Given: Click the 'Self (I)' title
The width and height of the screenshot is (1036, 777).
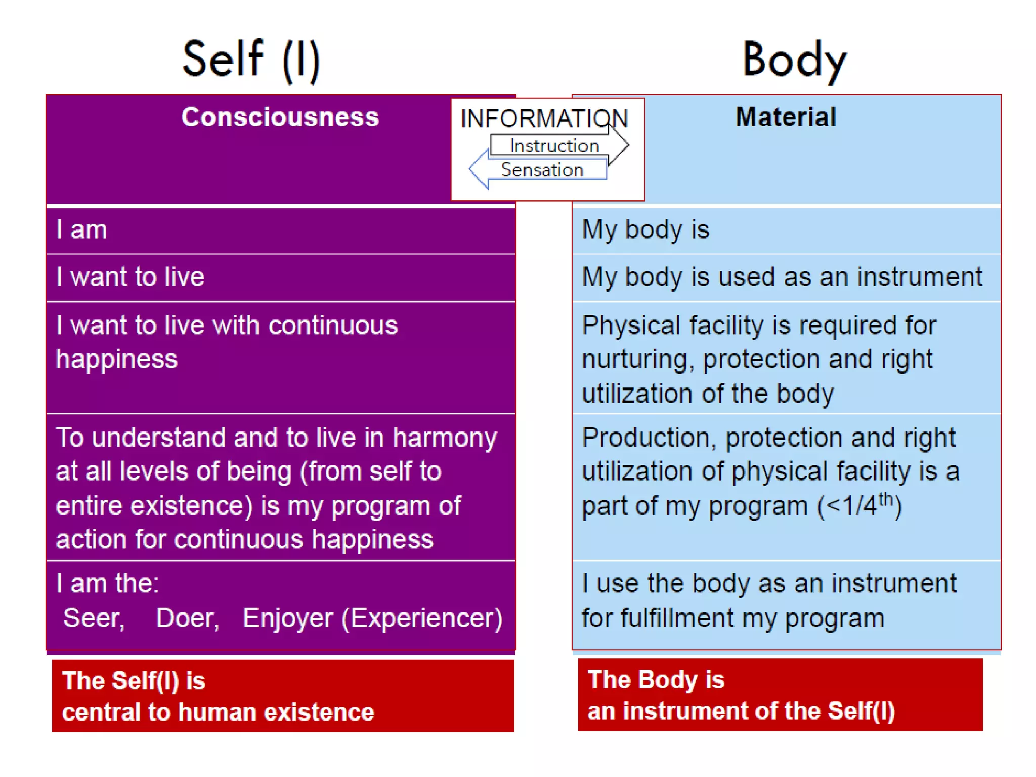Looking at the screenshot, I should point(251,60).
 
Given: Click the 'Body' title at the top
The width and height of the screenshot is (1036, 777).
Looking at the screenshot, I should point(794,60).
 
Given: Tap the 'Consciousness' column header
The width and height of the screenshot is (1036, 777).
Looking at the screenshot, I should point(280,117).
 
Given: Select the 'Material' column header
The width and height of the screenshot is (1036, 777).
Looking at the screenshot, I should point(786,117).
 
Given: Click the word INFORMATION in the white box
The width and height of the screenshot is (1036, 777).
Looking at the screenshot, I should point(544,119).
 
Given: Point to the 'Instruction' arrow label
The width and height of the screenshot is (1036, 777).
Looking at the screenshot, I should point(554,146).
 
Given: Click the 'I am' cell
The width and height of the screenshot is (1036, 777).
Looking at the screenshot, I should point(81,230).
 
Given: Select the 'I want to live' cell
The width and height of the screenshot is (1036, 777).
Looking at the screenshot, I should point(130,277).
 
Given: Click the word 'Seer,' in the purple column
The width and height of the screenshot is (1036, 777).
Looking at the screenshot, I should point(94,618).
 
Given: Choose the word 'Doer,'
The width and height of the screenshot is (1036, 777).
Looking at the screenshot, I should point(188,618).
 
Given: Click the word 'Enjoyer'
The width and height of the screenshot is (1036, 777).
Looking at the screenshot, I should point(288,618).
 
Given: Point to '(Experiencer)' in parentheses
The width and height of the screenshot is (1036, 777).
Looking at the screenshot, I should point(422,618).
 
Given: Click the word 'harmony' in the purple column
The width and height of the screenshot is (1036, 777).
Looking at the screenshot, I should point(445,438).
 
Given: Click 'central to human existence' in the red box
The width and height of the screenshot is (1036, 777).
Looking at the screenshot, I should point(218,712).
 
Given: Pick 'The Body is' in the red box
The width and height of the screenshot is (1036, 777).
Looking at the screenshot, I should point(656,679).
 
